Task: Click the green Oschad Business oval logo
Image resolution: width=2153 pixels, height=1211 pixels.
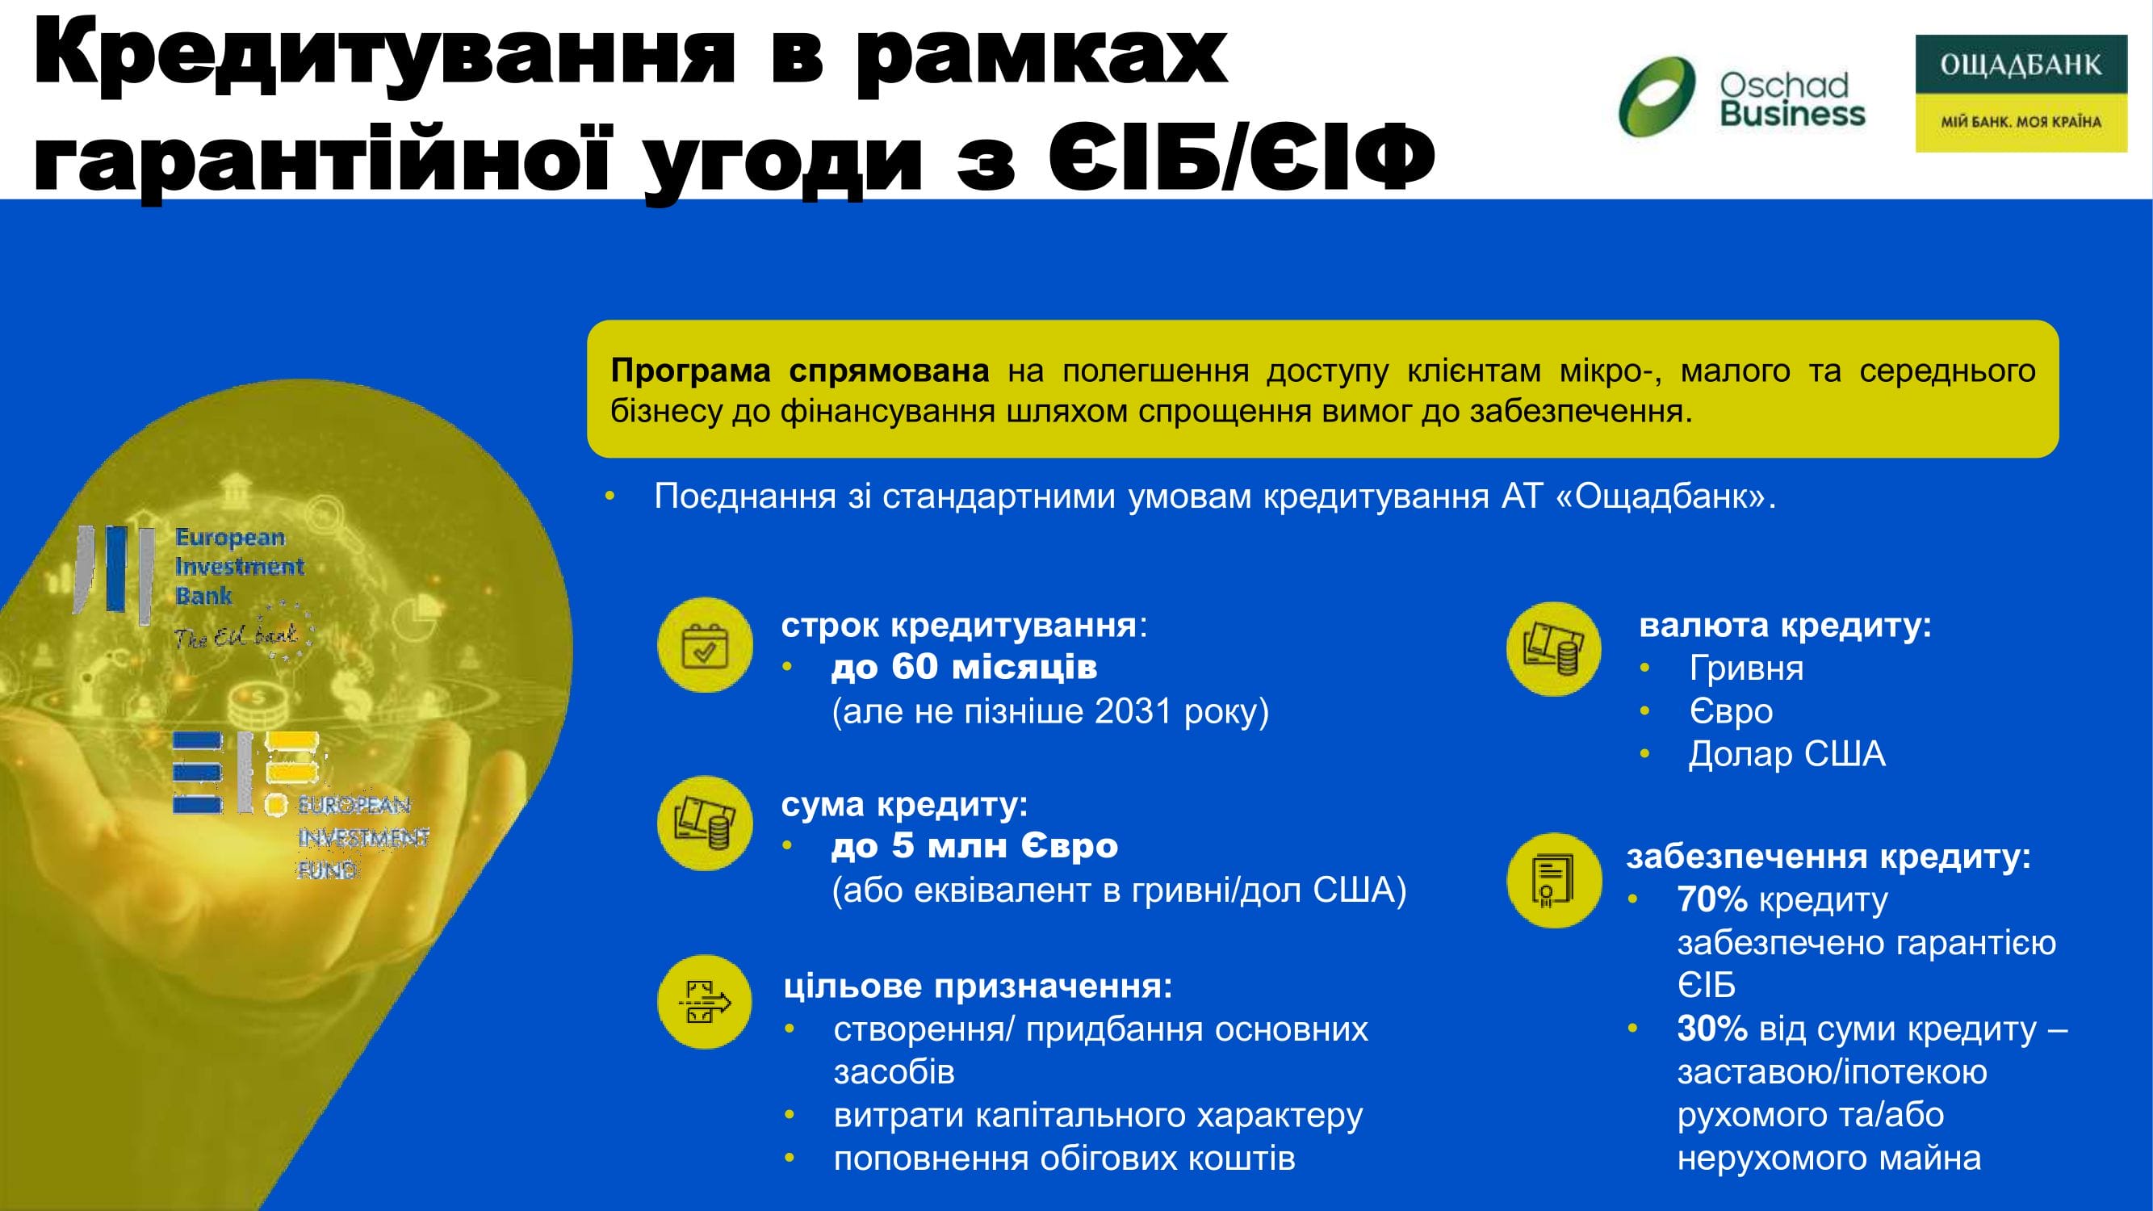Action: click(x=1657, y=96)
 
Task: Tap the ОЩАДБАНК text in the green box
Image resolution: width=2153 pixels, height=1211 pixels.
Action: click(x=2020, y=65)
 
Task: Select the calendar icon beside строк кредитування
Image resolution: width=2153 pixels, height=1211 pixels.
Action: click(x=706, y=644)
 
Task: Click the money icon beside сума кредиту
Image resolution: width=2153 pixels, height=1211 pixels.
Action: click(x=706, y=823)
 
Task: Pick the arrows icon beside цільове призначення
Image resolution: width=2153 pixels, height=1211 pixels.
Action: click(x=706, y=1002)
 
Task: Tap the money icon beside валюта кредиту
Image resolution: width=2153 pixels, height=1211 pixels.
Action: click(x=1554, y=648)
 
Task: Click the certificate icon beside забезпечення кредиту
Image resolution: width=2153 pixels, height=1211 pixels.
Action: click(x=1554, y=880)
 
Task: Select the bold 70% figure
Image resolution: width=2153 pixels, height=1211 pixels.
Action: click(x=1711, y=899)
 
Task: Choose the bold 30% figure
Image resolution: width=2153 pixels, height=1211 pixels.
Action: click(x=1711, y=1028)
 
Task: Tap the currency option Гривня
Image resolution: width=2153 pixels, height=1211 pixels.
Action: click(x=1746, y=668)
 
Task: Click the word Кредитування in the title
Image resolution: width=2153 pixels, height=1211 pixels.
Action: click(x=384, y=54)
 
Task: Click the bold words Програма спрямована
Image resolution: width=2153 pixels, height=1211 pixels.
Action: click(x=800, y=371)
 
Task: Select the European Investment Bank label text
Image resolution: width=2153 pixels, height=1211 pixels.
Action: click(x=239, y=566)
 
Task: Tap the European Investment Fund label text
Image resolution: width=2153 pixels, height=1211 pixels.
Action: click(x=363, y=836)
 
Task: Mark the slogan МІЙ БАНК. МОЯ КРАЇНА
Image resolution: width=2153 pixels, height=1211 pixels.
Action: click(x=2020, y=122)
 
